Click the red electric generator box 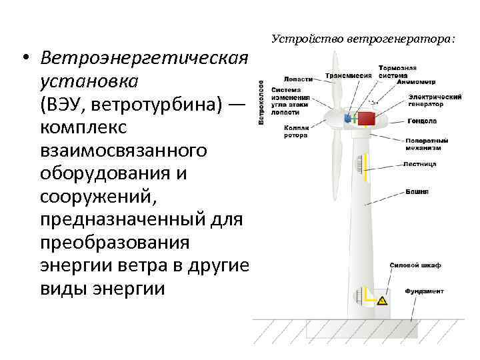pyautogui.click(x=367, y=119)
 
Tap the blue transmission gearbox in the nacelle pyautogui.click(x=348, y=119)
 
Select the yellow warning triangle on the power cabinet pyautogui.click(x=382, y=301)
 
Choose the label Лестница pyautogui.click(x=420, y=163)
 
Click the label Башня pyautogui.click(x=417, y=191)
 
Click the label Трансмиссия pyautogui.click(x=348, y=75)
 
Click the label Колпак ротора pyautogui.click(x=295, y=131)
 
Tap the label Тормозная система pyautogui.click(x=397, y=71)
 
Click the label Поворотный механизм pyautogui.click(x=426, y=144)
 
